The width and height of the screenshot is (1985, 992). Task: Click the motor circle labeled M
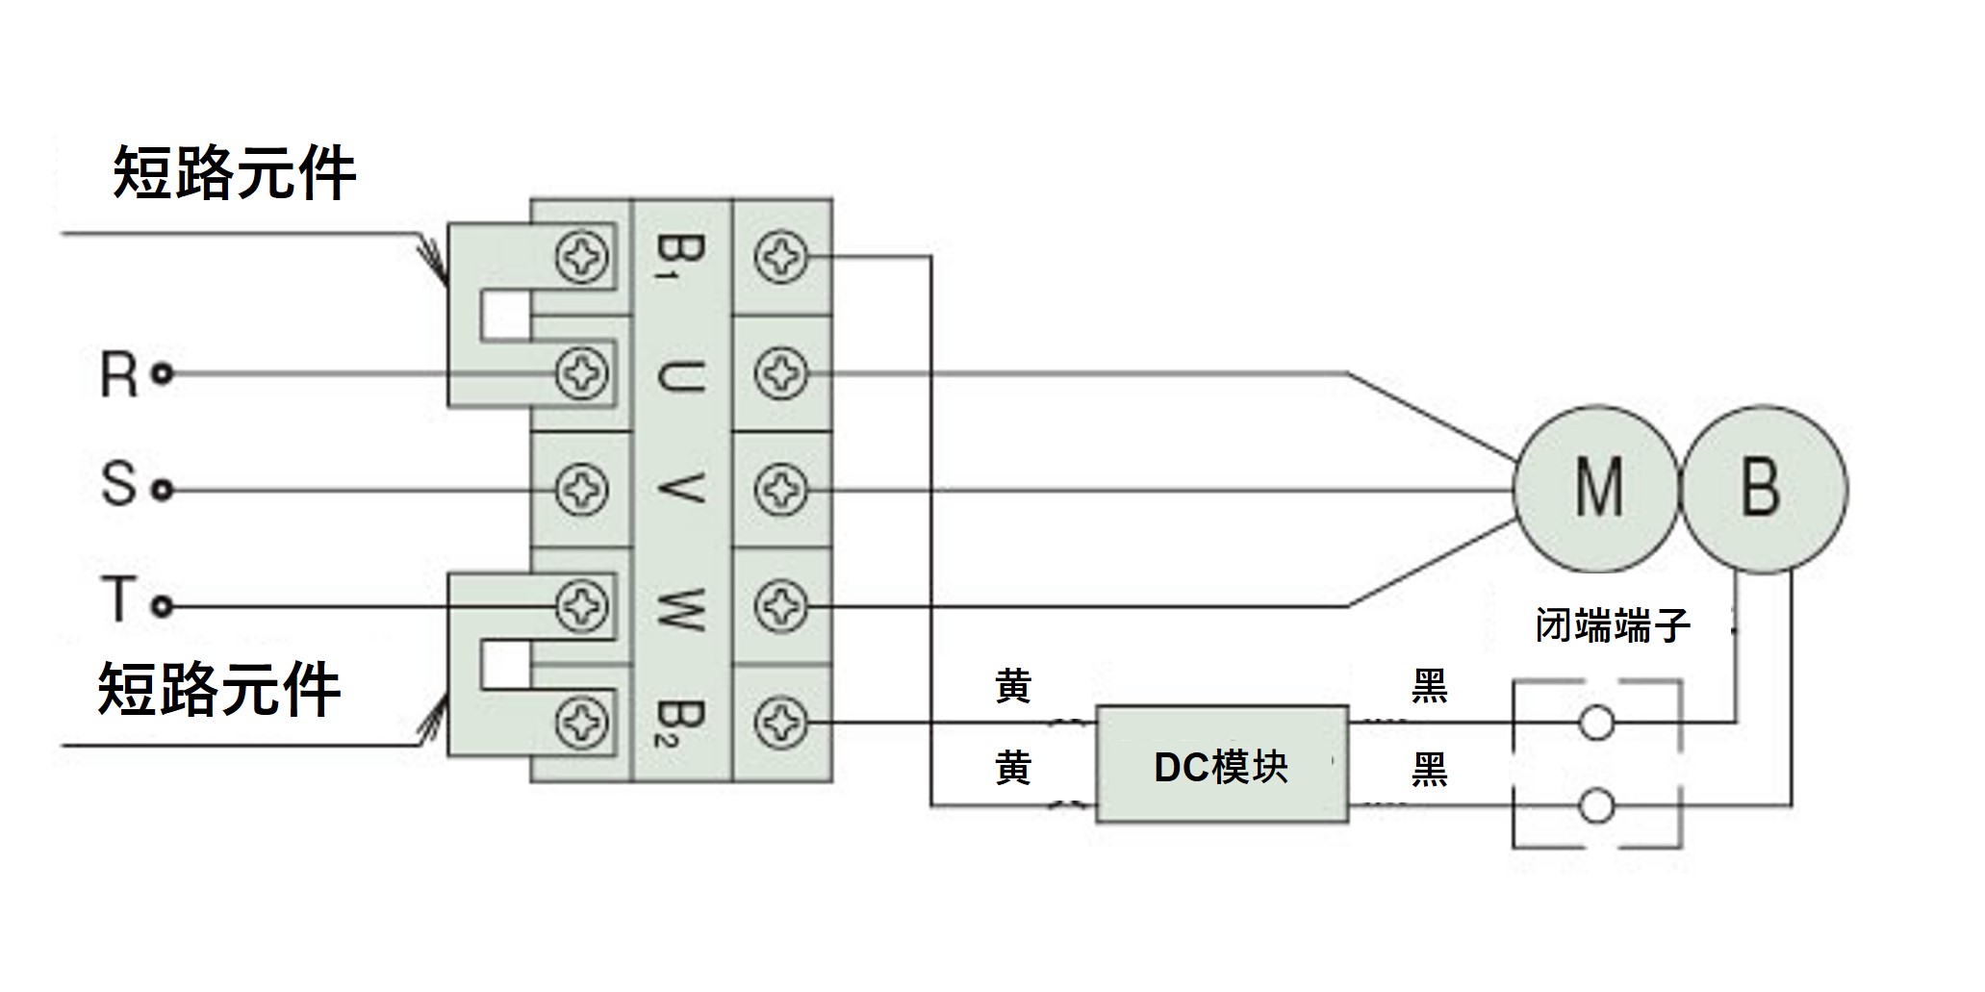(x=1597, y=489)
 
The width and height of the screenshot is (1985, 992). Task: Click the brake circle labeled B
(x=1763, y=489)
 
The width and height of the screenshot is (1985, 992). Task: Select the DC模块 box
(x=1222, y=765)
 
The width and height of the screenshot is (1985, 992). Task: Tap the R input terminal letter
(x=118, y=374)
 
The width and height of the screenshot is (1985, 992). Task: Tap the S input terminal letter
(x=118, y=484)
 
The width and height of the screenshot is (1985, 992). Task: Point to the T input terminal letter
(x=116, y=599)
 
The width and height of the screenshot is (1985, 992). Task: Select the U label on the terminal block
(x=679, y=373)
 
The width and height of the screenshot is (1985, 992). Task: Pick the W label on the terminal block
(x=679, y=607)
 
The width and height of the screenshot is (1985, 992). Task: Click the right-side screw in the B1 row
(x=779, y=257)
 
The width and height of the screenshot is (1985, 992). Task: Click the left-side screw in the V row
(x=582, y=491)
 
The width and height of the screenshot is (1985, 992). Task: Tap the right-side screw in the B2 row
(x=779, y=723)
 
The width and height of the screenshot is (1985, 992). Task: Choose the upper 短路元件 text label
(x=234, y=174)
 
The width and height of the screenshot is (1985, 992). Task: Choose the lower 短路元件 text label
(x=219, y=690)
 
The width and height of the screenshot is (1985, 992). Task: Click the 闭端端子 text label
(x=1612, y=626)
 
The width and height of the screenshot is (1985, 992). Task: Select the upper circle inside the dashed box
(x=1597, y=723)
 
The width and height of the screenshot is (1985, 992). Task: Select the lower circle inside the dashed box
(x=1597, y=805)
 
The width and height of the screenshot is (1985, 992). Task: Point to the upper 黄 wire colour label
(x=1013, y=687)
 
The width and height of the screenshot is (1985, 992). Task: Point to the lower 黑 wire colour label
(x=1429, y=770)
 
